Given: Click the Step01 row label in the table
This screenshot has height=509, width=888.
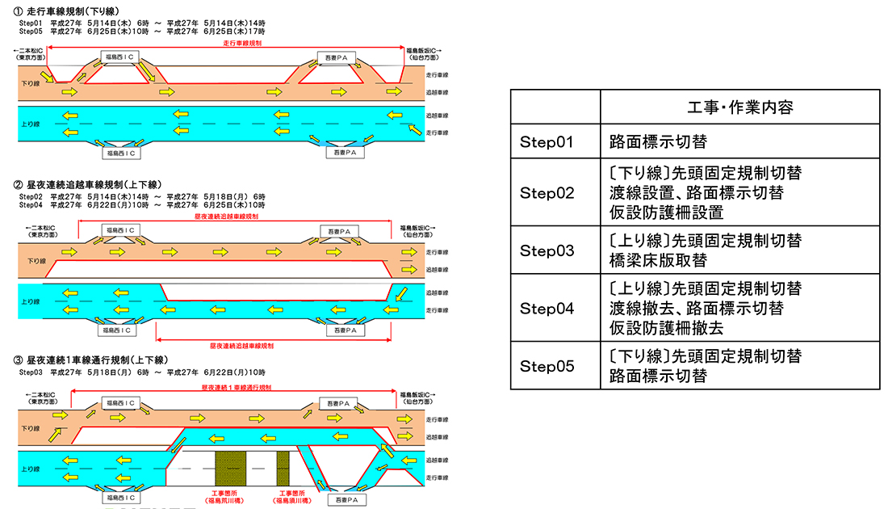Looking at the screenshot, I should [546, 142].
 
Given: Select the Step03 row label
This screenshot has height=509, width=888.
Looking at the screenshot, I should [547, 250].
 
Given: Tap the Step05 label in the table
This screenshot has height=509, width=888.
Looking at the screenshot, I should [547, 366].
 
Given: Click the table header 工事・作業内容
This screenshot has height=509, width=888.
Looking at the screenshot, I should [739, 107].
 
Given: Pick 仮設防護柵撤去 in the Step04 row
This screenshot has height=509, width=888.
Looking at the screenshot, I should [667, 328].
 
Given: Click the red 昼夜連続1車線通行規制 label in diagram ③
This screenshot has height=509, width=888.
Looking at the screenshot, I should [235, 388].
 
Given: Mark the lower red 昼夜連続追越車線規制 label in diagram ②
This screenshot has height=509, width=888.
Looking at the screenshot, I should [242, 345].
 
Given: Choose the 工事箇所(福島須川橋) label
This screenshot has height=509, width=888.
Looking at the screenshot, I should [291, 496].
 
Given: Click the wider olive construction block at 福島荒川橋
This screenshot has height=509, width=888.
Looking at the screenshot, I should [229, 468].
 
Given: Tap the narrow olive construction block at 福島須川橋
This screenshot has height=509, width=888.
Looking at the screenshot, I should [283, 468].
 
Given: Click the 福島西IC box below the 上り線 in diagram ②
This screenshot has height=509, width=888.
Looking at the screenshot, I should [119, 330].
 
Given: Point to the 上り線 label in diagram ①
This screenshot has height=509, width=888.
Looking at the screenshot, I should [31, 124].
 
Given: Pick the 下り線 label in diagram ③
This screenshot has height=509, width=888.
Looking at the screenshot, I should [31, 427].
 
